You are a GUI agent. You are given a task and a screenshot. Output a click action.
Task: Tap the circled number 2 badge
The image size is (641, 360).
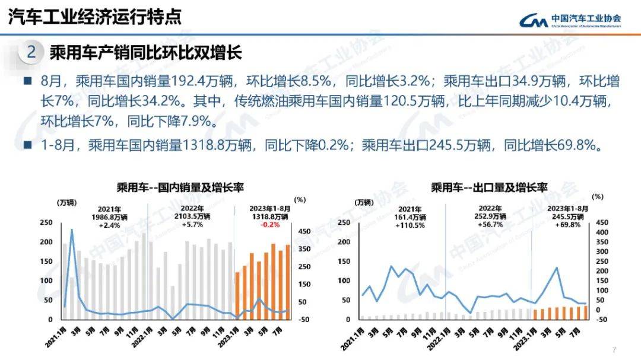point(31,52)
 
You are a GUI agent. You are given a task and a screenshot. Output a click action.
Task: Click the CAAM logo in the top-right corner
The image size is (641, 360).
point(570,21)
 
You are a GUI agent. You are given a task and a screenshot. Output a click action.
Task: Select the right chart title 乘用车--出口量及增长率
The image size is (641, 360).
point(489,188)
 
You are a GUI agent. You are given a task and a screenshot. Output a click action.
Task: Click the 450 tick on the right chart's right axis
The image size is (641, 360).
point(602,222)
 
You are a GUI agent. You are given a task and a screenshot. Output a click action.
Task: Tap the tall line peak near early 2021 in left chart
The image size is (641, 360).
point(72,230)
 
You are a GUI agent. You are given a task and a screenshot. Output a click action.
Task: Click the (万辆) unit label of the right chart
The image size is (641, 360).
point(366,203)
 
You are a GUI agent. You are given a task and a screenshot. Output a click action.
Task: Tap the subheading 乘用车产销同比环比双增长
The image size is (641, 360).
point(145,52)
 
